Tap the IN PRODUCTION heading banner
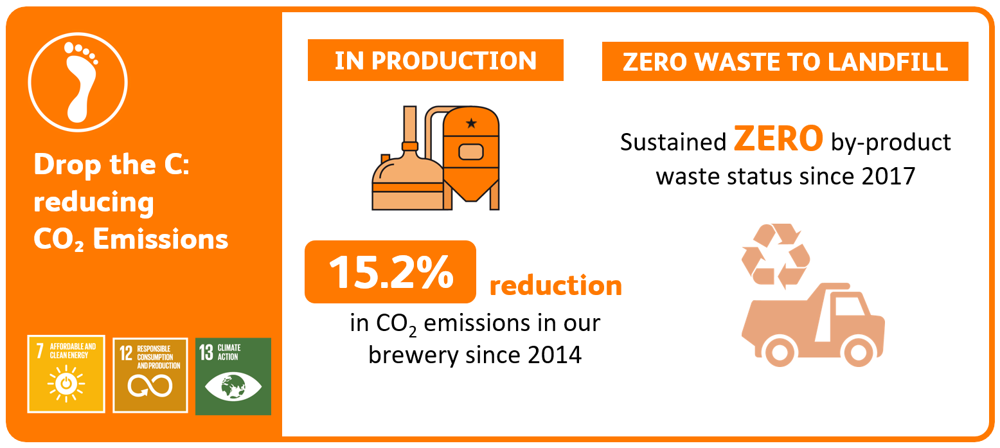click(435, 60)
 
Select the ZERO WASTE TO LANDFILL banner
click(785, 62)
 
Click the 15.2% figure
click(391, 272)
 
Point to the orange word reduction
click(556, 285)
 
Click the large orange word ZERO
click(778, 139)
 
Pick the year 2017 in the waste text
click(888, 176)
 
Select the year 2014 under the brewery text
click(555, 355)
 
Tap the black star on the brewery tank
click(471, 123)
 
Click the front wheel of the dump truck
click(859, 352)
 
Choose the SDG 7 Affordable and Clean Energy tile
click(66, 374)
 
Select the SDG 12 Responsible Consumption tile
click(150, 375)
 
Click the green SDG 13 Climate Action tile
click(233, 377)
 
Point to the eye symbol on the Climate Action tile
click(233, 386)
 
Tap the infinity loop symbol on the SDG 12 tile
click(150, 386)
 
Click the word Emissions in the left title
click(161, 239)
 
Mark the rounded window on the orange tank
click(471, 152)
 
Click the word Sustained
click(674, 143)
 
